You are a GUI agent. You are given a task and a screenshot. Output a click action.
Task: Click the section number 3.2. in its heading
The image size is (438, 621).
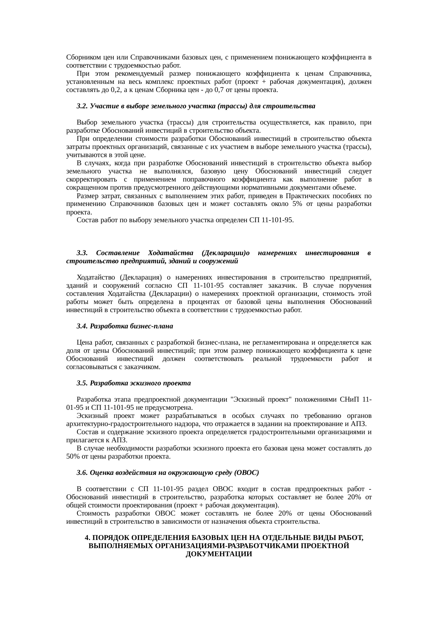click(82, 106)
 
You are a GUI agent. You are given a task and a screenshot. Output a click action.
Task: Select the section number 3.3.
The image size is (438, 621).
click(82, 253)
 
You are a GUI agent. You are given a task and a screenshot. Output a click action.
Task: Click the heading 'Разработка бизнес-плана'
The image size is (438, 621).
click(131, 326)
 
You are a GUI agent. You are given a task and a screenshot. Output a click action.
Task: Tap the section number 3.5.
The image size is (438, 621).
click(82, 383)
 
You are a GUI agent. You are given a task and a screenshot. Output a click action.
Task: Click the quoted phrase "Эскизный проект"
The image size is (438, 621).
click(261, 399)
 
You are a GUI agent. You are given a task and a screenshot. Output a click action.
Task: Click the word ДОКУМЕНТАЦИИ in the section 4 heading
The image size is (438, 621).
click(219, 554)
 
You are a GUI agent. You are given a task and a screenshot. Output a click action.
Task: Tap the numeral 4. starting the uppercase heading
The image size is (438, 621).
click(87, 538)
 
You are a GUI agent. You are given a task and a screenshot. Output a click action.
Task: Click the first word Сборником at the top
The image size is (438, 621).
click(80, 57)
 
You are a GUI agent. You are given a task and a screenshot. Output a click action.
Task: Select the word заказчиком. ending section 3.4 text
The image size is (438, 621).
click(144, 367)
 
